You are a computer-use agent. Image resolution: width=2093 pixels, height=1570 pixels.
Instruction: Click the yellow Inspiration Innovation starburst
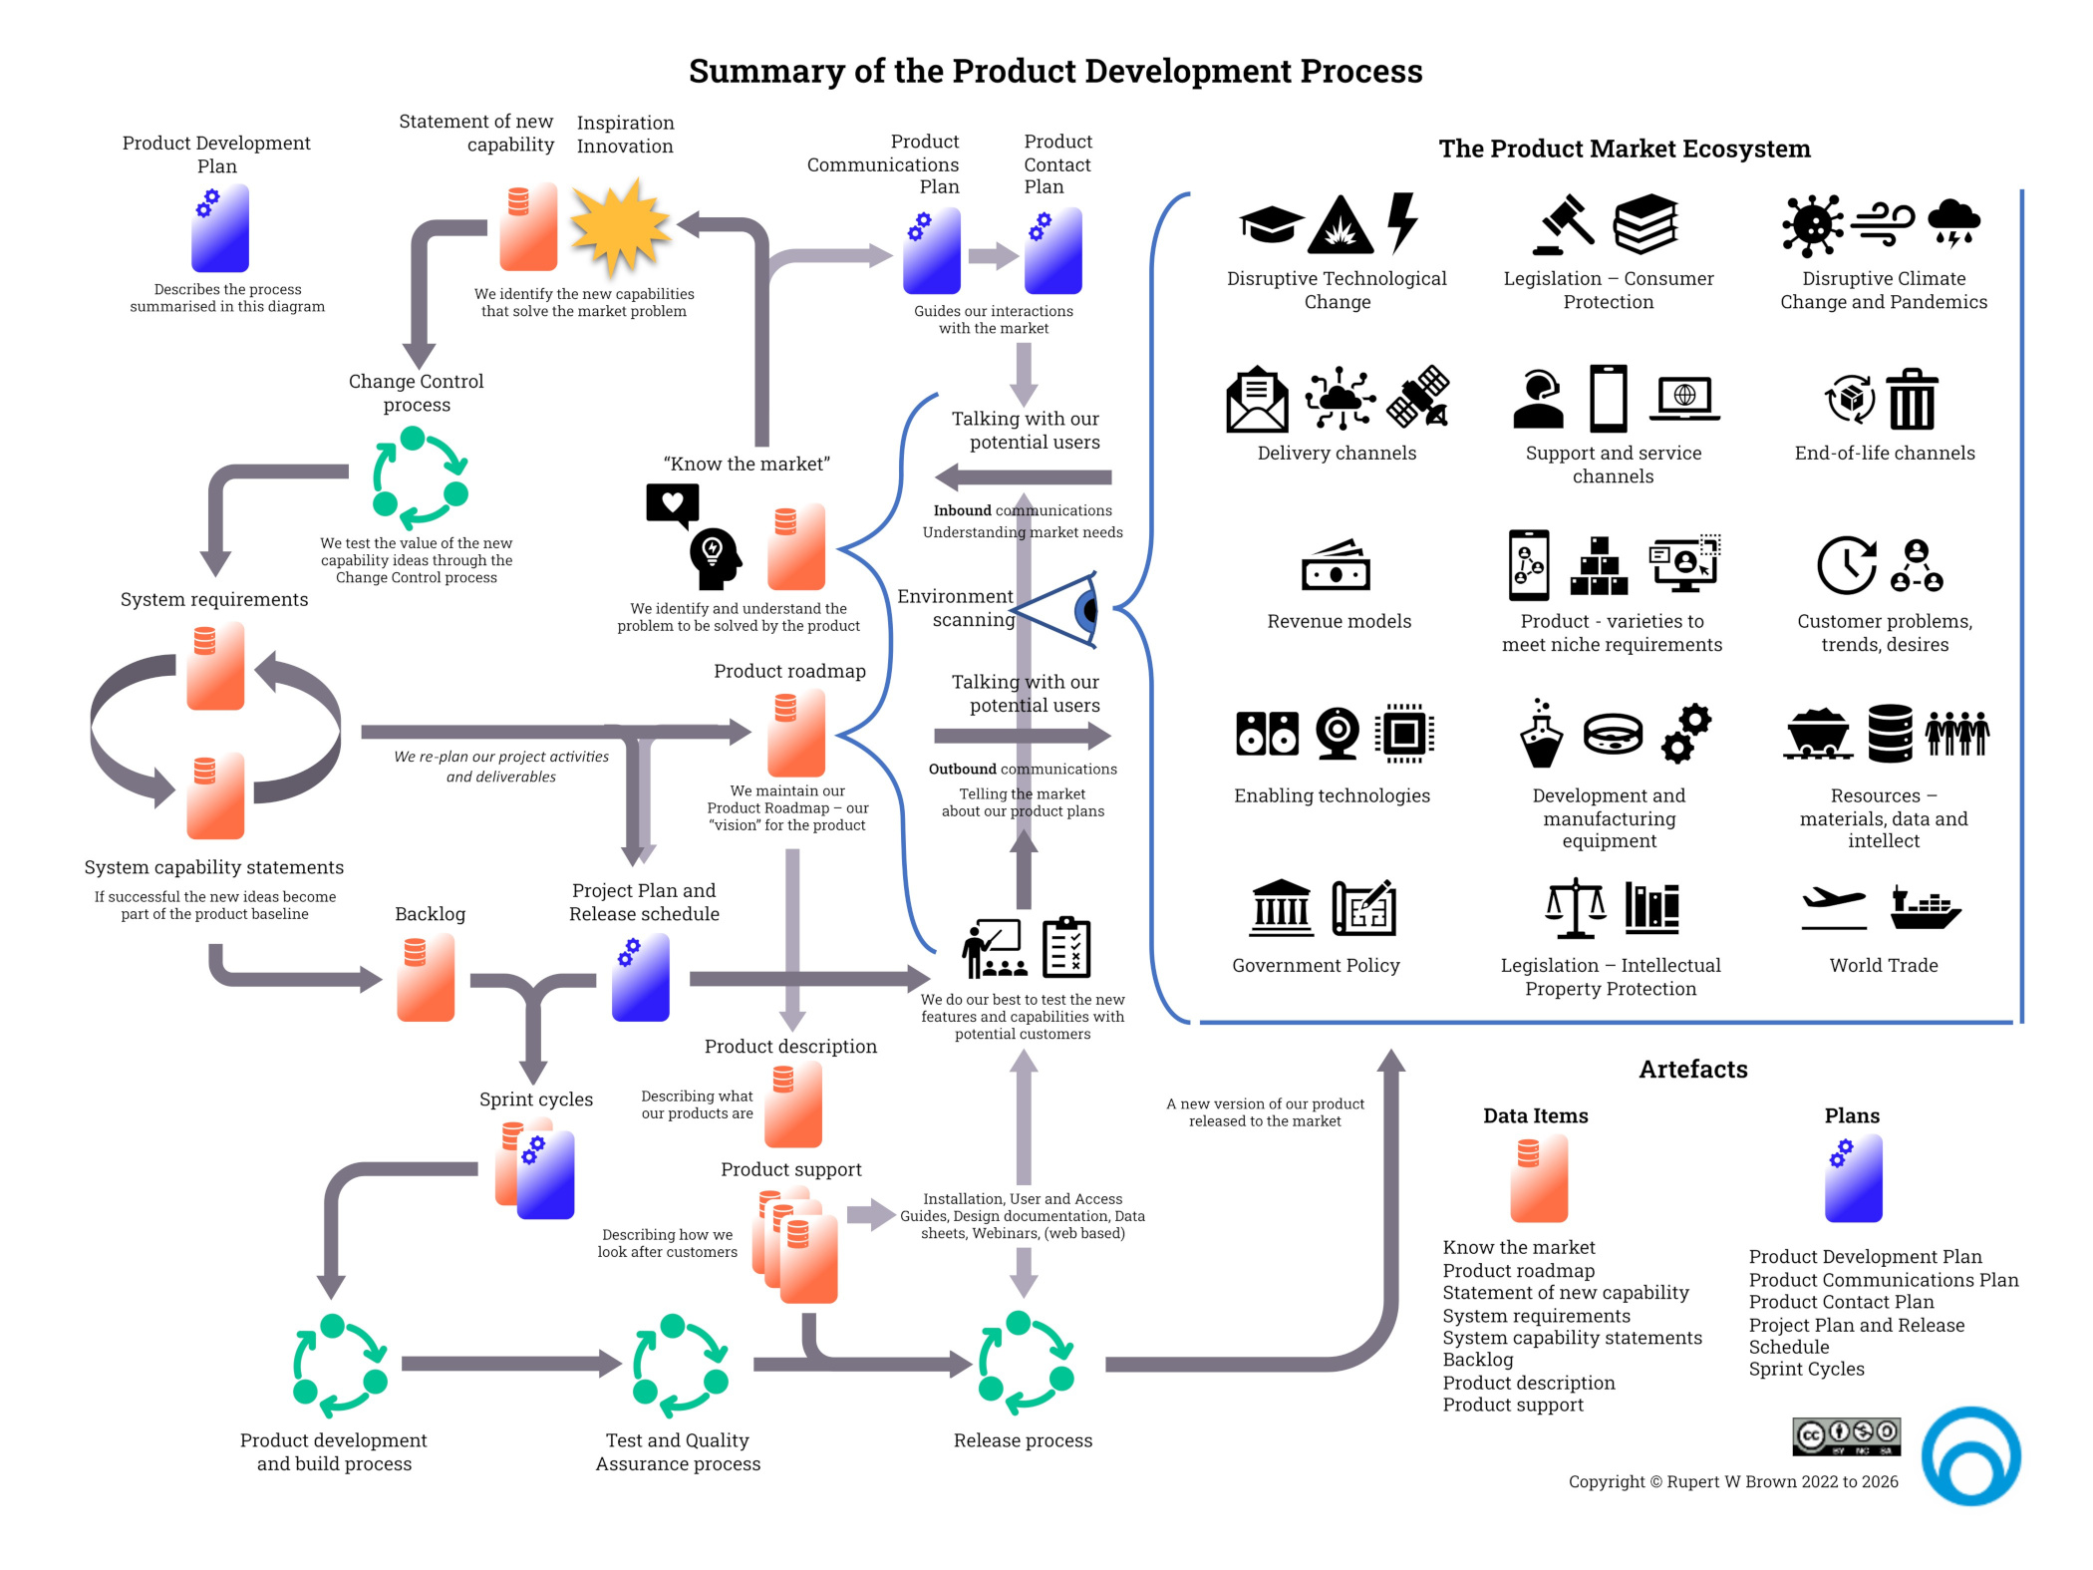click(x=619, y=226)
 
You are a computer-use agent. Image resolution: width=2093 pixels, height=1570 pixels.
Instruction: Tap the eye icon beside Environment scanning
click(x=1061, y=609)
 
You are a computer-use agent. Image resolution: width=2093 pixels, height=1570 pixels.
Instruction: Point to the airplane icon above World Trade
click(x=1833, y=901)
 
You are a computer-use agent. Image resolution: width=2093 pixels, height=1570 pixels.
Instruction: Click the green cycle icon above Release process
click(x=1025, y=1363)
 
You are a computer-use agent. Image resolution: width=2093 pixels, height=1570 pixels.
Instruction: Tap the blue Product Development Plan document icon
click(x=220, y=228)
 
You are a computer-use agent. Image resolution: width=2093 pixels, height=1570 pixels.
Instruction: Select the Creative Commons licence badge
click(x=1845, y=1436)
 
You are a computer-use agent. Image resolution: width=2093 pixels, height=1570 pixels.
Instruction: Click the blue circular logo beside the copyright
click(x=1970, y=1455)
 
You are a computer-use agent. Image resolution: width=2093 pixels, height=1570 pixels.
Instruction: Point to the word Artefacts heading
click(x=1692, y=1070)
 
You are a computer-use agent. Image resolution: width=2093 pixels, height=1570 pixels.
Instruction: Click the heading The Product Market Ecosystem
click(x=1624, y=149)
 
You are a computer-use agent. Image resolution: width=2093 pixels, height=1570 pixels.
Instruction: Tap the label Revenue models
click(x=1339, y=621)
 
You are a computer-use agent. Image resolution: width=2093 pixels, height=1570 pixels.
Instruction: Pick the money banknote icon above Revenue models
click(x=1336, y=566)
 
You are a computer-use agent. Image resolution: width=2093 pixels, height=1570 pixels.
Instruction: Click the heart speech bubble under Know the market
click(x=672, y=503)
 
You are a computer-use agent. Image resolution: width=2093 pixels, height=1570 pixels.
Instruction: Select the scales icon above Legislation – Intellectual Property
click(x=1574, y=908)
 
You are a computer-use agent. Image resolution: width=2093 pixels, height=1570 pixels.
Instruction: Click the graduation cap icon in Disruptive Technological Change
click(x=1270, y=223)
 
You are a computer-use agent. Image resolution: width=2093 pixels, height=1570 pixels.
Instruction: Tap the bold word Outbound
click(x=962, y=769)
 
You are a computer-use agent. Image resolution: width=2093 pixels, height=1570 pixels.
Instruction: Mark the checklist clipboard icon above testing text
click(x=1065, y=948)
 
